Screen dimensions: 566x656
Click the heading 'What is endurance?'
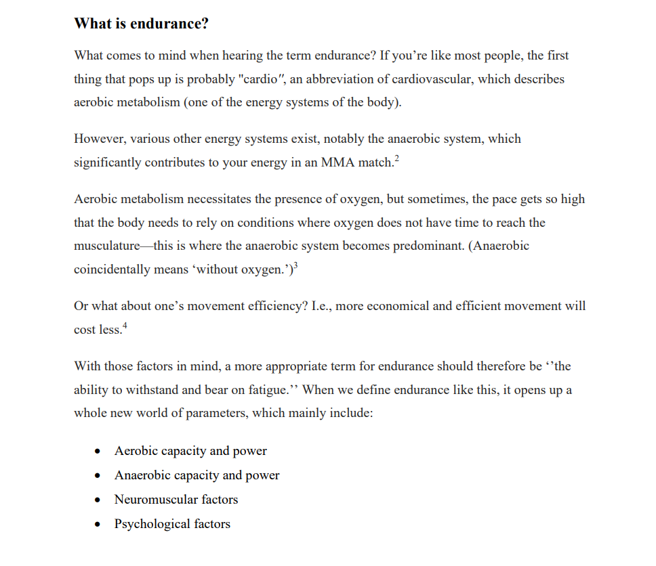[x=141, y=24]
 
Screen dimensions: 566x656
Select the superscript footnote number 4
[x=124, y=326]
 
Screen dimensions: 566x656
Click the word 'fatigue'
[x=266, y=391]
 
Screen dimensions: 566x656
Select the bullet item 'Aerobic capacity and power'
[x=190, y=451]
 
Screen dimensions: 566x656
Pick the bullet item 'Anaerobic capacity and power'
[x=197, y=475]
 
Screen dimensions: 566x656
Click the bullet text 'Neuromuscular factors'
[x=176, y=500]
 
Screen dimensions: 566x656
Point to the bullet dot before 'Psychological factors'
[x=99, y=525]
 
